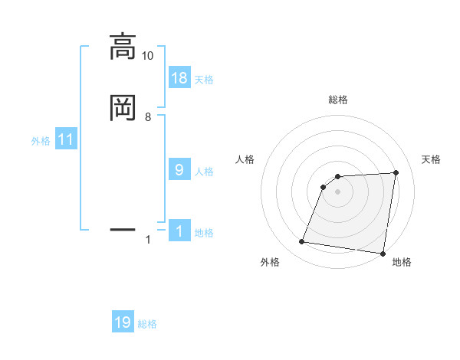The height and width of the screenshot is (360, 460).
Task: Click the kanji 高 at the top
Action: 123,47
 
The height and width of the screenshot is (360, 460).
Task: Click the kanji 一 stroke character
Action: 123,228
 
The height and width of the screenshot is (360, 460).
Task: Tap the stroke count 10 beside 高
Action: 148,56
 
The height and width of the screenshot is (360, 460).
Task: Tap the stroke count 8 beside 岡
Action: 148,116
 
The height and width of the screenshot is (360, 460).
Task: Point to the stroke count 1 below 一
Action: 148,240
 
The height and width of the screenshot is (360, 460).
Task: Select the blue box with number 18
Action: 179,78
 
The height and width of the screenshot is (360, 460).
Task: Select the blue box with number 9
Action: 179,170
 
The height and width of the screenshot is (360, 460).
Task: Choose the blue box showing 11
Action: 66,140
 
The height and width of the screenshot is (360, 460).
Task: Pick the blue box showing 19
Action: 123,323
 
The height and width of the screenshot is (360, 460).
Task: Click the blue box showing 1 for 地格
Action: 179,231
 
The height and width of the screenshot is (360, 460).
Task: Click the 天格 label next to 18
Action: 204,80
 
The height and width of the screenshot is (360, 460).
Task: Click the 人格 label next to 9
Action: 204,172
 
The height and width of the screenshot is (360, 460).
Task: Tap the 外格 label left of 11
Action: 41,141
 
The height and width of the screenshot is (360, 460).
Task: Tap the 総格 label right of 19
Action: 147,324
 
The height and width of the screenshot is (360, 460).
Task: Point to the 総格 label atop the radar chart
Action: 338,100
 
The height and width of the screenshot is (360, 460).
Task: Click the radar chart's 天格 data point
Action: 396,172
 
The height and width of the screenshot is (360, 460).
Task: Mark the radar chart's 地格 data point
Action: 383,254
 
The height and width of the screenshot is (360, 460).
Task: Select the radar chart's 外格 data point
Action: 302,242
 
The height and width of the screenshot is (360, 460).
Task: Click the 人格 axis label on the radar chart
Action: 245,159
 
